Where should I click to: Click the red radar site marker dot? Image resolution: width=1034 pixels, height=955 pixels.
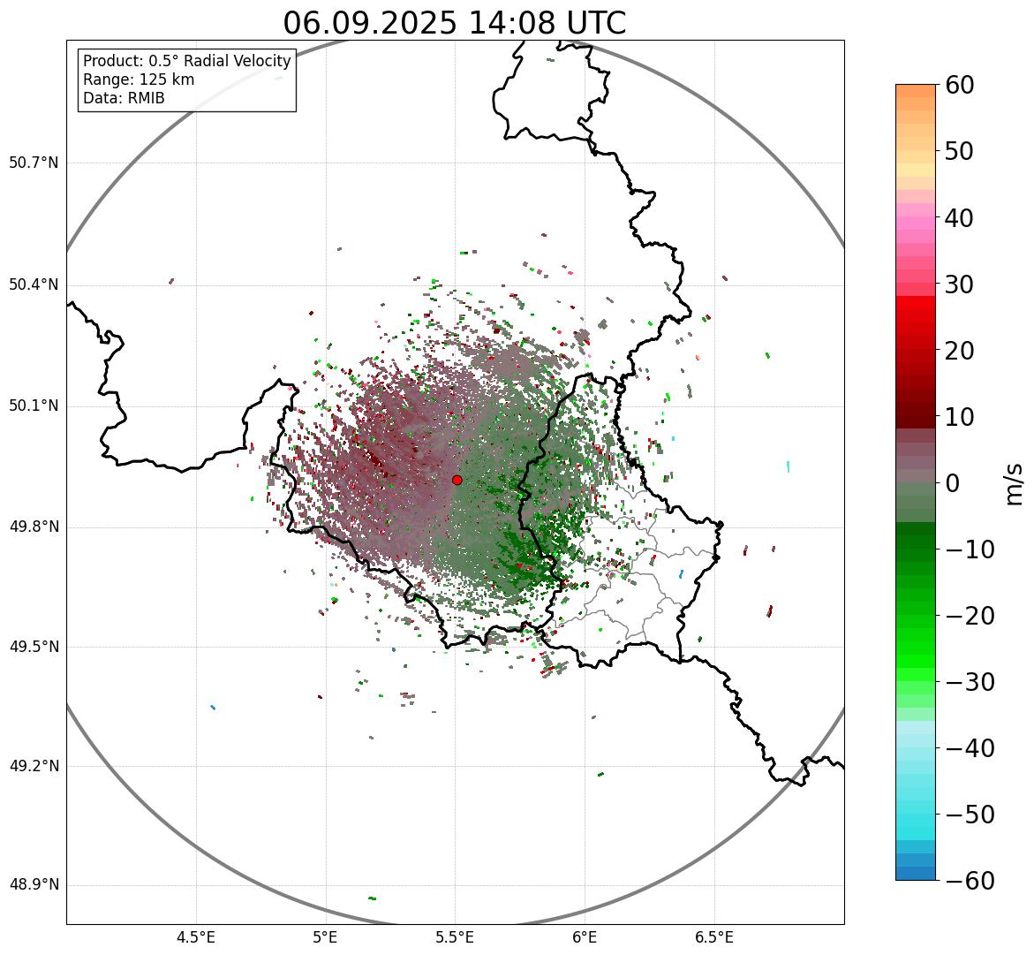457,480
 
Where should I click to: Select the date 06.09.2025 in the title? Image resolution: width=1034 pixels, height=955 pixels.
370,23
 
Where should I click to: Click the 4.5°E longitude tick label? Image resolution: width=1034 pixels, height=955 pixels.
196,937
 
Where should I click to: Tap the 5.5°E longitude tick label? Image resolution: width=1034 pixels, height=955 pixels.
455,937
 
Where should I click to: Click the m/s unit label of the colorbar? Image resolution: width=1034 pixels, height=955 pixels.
1014,483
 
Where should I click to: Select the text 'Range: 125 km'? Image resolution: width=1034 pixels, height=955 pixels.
139,80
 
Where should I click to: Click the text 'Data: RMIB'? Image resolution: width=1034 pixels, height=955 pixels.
124,98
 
